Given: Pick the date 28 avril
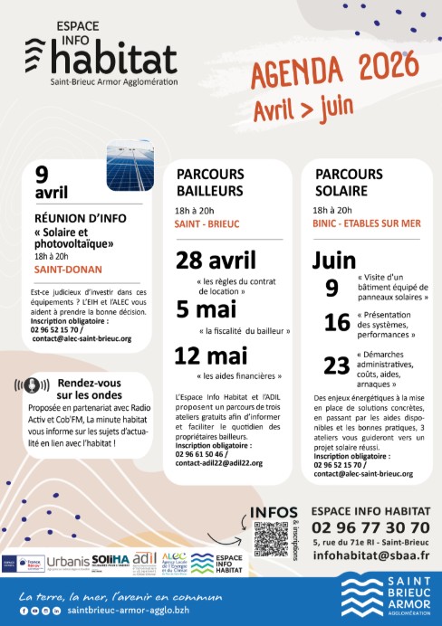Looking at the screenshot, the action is click(x=216, y=261).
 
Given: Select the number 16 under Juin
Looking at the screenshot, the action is click(x=336, y=324).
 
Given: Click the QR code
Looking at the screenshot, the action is click(x=271, y=538).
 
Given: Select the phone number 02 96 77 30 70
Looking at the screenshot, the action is click(x=370, y=526).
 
